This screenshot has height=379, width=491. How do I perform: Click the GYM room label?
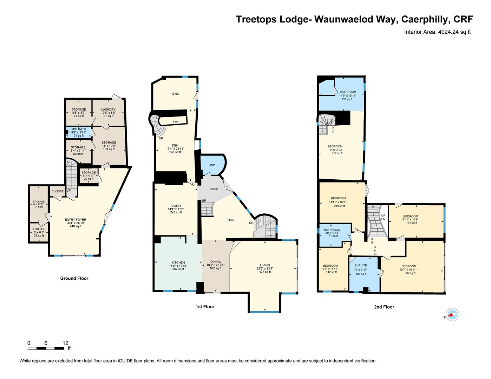click(x=175, y=94)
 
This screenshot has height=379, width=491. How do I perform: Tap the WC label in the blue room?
click(x=212, y=165)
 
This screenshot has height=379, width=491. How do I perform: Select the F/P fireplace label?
click(x=176, y=122)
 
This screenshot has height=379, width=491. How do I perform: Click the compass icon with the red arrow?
click(x=452, y=314)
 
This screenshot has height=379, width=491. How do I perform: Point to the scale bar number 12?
click(x=65, y=343)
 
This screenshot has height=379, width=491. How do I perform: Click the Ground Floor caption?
click(x=74, y=278)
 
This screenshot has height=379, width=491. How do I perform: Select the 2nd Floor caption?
click(x=384, y=307)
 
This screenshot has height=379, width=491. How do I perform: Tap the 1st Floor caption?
click(x=205, y=307)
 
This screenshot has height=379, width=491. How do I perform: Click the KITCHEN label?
click(x=178, y=262)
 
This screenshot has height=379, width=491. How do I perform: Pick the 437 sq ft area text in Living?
click(x=265, y=272)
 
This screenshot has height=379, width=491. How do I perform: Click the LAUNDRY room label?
click(x=108, y=109)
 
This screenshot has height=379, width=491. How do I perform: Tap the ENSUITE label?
click(x=361, y=265)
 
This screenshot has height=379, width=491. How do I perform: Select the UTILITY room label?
click(x=39, y=229)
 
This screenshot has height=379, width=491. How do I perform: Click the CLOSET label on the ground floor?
click(x=57, y=191)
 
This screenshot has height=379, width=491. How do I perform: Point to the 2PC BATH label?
click(x=79, y=129)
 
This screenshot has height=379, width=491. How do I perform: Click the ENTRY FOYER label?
click(x=76, y=220)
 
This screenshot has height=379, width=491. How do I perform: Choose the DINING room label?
click(x=215, y=262)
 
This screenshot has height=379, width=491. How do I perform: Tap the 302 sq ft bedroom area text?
click(x=410, y=273)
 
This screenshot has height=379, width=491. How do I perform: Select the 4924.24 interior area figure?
click(x=448, y=32)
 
